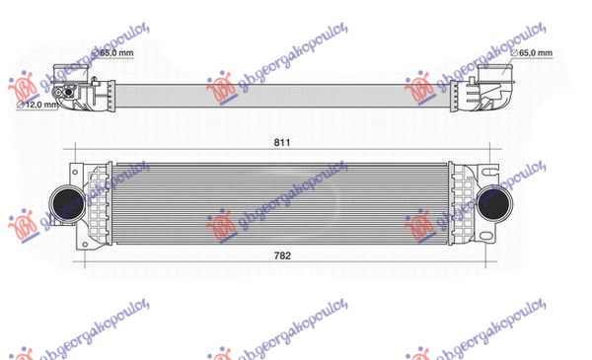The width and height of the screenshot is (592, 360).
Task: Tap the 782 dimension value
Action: tap(282, 256)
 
